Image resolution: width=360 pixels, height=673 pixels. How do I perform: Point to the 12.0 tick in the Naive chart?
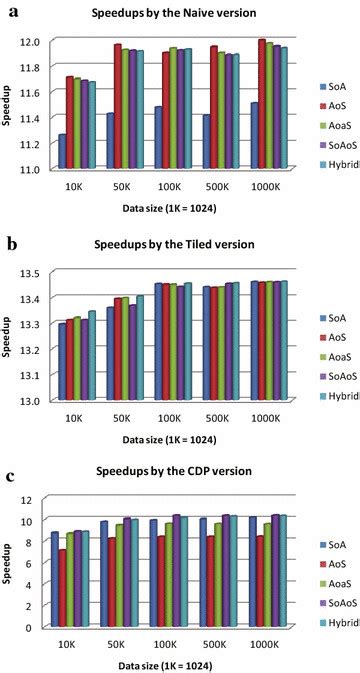point(34,42)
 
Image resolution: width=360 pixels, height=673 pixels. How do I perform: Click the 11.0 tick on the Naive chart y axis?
point(34,169)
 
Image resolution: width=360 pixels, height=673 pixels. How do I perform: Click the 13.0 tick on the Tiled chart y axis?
point(34,400)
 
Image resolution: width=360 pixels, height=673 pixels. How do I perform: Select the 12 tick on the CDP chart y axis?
point(38,500)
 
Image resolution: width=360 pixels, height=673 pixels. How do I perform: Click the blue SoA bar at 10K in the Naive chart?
point(62,150)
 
